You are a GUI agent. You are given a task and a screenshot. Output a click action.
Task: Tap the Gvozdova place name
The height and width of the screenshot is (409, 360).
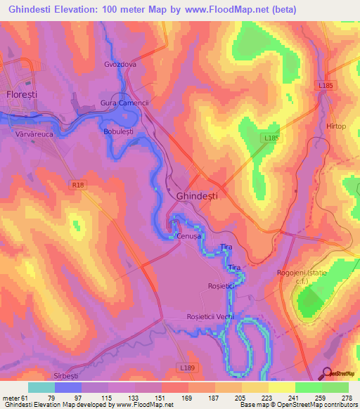(123, 62)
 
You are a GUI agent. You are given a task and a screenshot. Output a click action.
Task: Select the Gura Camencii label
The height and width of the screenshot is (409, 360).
(125, 103)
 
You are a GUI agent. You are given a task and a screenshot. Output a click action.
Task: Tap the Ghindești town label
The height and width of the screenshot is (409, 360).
(197, 197)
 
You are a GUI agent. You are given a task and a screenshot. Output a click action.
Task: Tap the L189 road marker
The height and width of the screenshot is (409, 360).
(186, 368)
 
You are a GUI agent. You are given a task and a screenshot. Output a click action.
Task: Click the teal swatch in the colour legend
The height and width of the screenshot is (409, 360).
(41, 387)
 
